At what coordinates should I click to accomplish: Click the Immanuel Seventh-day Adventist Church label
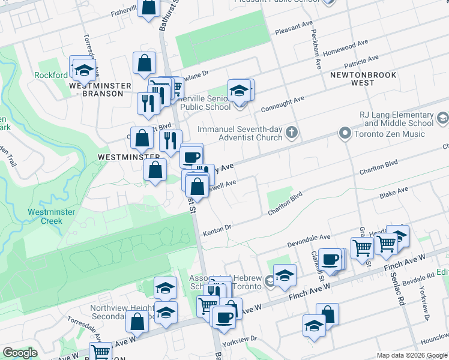pos(240,133)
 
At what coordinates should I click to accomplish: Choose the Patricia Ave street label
pos(361,62)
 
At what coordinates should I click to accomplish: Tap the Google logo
pos(20,353)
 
